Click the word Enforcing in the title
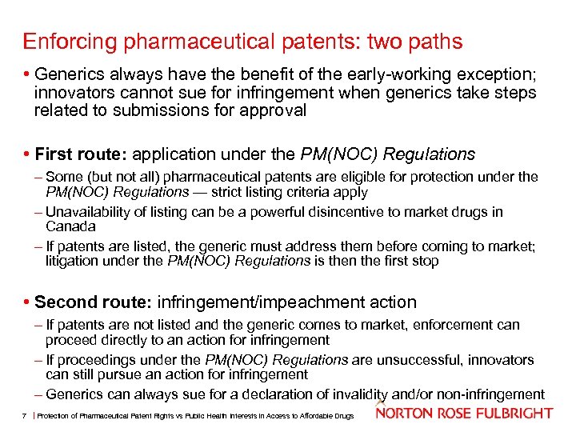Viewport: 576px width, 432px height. click(64, 41)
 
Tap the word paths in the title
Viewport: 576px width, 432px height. click(435, 41)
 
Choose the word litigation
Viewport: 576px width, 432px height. click(74, 261)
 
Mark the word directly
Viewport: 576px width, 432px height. click(123, 339)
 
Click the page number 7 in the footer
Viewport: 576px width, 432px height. click(26, 414)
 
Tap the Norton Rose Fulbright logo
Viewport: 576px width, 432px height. click(464, 413)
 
